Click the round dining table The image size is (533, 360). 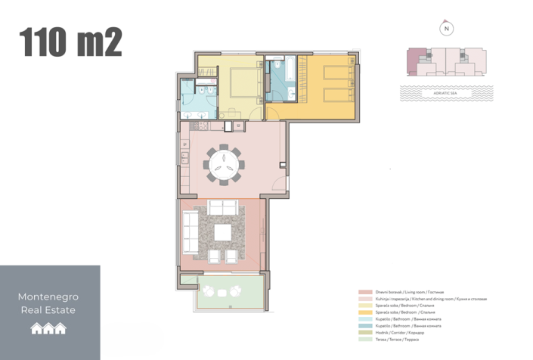224,162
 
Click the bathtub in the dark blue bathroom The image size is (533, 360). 287,70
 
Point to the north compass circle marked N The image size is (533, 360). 447,29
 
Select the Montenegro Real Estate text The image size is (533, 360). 48,303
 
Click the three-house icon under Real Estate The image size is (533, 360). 48,328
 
